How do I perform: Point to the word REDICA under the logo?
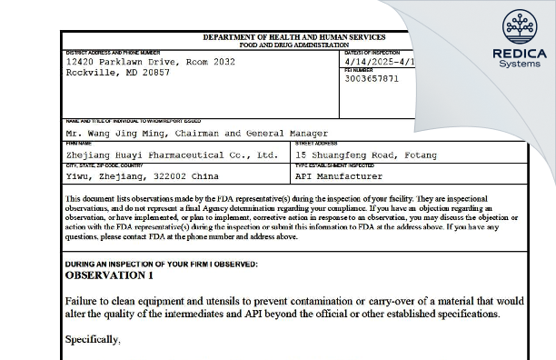point(519,54)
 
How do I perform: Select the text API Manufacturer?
point(339,176)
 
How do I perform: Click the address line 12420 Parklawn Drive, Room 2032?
point(151,62)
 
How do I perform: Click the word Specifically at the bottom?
point(93,338)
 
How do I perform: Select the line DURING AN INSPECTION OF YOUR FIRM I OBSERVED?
point(161,264)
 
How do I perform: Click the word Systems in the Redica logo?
point(519,64)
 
